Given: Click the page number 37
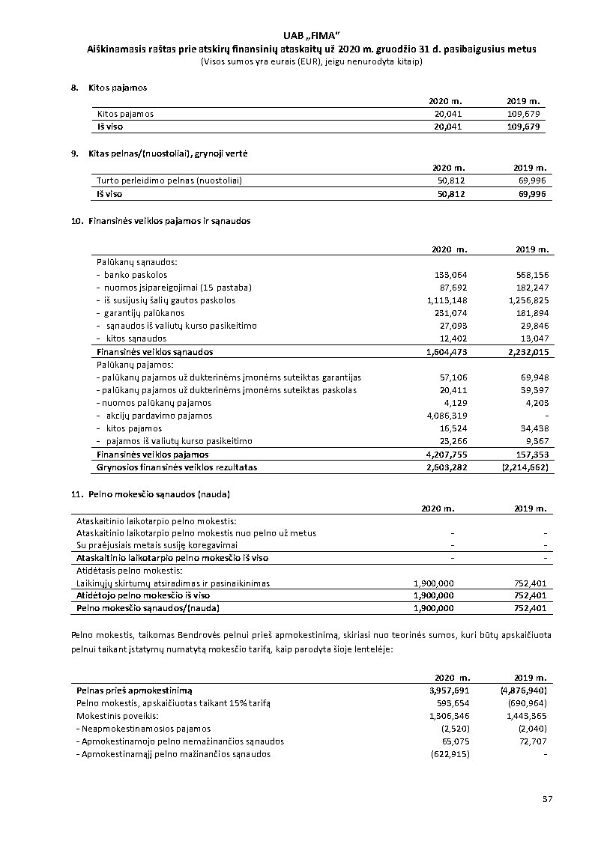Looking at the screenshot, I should tap(547, 800).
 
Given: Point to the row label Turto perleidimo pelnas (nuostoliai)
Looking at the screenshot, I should tap(169, 180).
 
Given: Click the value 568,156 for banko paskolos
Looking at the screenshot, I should tap(533, 275).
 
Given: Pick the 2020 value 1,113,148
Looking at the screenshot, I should tap(447, 300).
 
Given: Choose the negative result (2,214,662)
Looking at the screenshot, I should tap(525, 467).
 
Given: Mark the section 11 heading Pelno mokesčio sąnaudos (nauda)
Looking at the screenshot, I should tap(159, 494).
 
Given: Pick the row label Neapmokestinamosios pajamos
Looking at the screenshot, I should tap(145, 728).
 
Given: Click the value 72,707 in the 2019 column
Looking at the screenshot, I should tap(533, 741).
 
